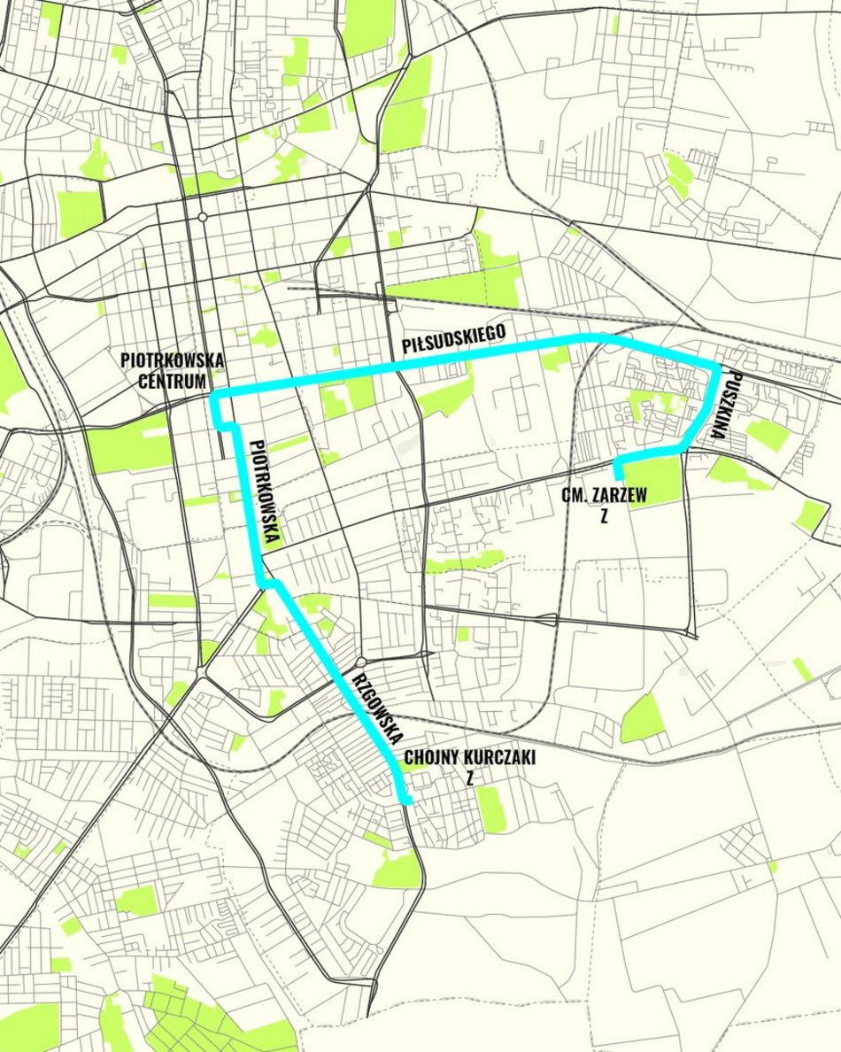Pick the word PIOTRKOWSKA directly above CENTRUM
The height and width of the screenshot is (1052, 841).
(173, 361)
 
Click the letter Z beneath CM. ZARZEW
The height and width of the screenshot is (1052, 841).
(603, 517)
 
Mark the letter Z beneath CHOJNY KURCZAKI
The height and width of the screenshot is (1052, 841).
(470, 780)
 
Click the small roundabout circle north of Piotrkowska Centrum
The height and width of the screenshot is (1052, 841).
(203, 216)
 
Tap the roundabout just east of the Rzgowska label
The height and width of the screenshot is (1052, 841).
(362, 661)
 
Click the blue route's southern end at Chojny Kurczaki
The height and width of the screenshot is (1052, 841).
(406, 801)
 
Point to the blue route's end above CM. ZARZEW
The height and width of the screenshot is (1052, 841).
(618, 476)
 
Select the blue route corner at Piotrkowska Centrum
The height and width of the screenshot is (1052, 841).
(215, 391)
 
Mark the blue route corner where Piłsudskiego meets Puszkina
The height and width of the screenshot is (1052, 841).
(717, 365)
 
